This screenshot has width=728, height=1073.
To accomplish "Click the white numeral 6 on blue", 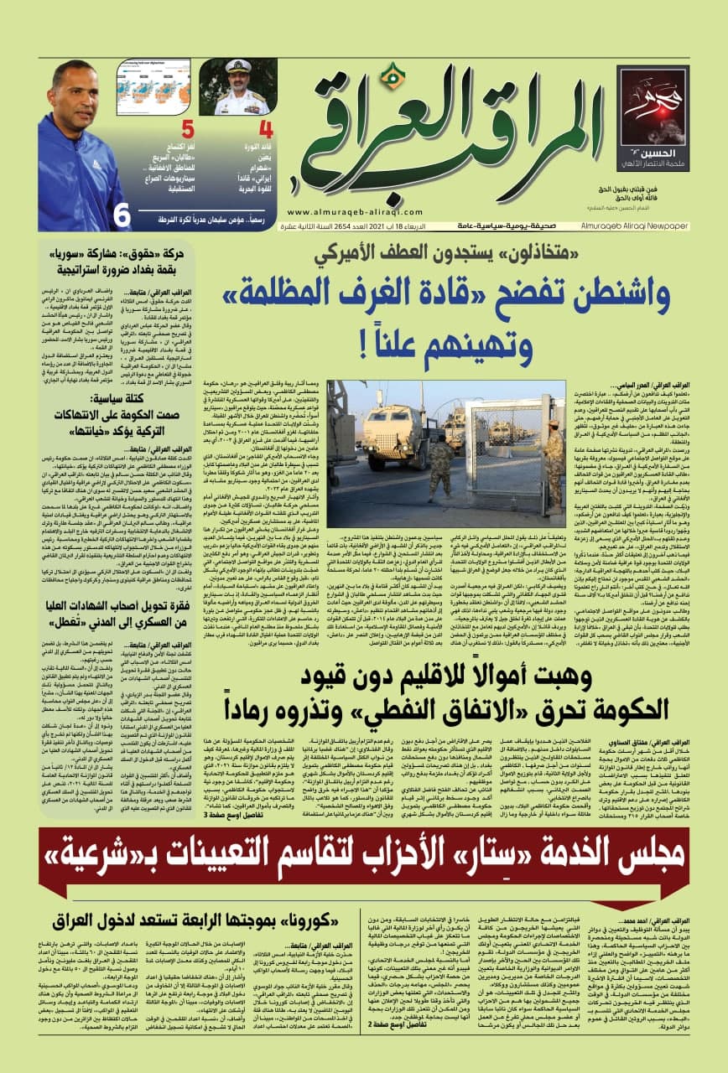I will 123,215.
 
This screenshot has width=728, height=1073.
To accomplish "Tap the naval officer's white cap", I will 238,65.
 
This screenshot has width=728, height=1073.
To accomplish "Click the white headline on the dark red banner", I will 364,837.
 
